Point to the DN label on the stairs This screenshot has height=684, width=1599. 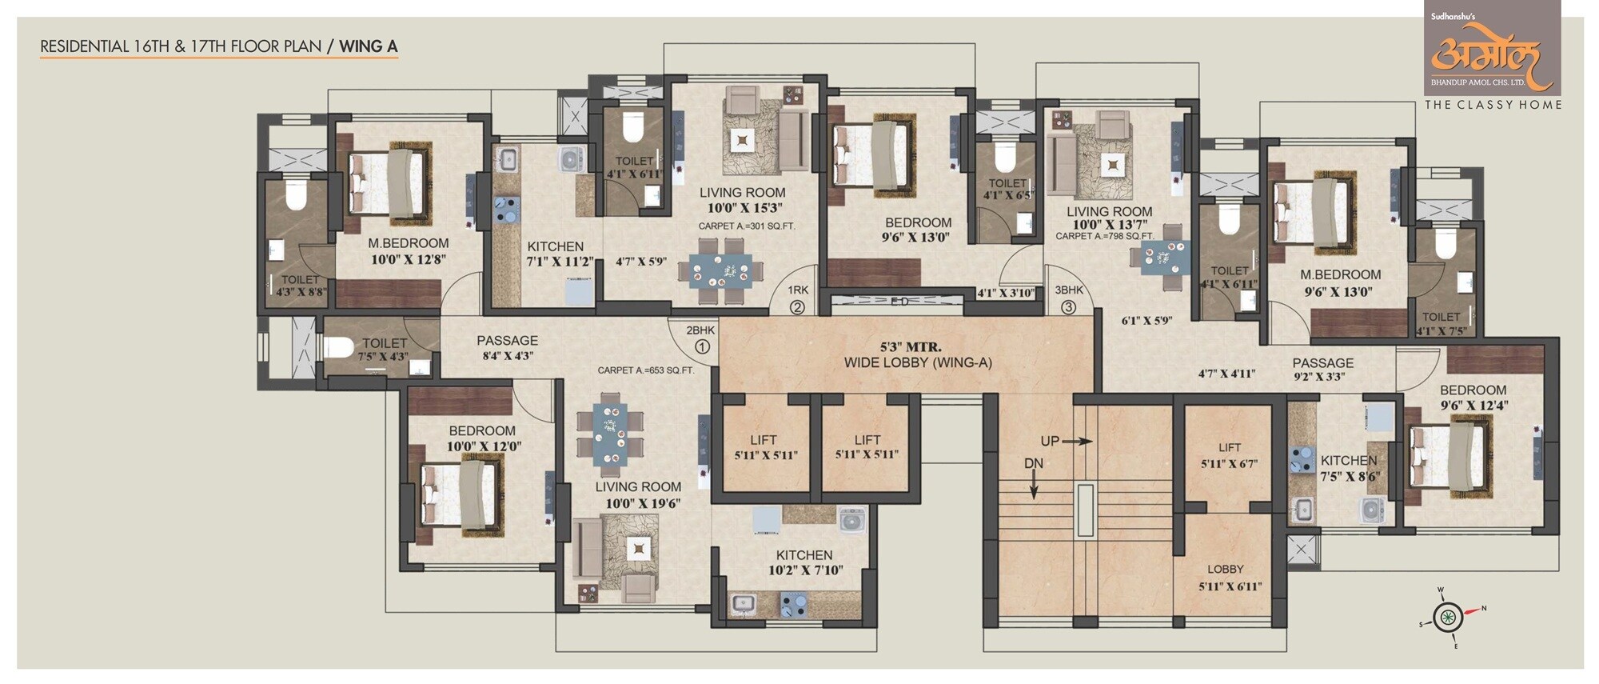(1033, 464)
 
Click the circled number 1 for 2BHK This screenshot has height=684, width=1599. (702, 347)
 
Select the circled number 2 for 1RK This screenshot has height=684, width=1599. (797, 306)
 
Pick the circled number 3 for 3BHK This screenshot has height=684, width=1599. (1068, 306)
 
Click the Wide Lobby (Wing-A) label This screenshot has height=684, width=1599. (917, 355)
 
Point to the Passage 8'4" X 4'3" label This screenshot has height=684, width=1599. (507, 348)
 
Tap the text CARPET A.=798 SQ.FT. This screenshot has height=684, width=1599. (1103, 236)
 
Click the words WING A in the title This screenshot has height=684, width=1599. (369, 46)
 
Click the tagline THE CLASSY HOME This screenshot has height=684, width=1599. (1492, 105)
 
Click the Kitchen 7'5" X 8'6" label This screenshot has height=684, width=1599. (1348, 468)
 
